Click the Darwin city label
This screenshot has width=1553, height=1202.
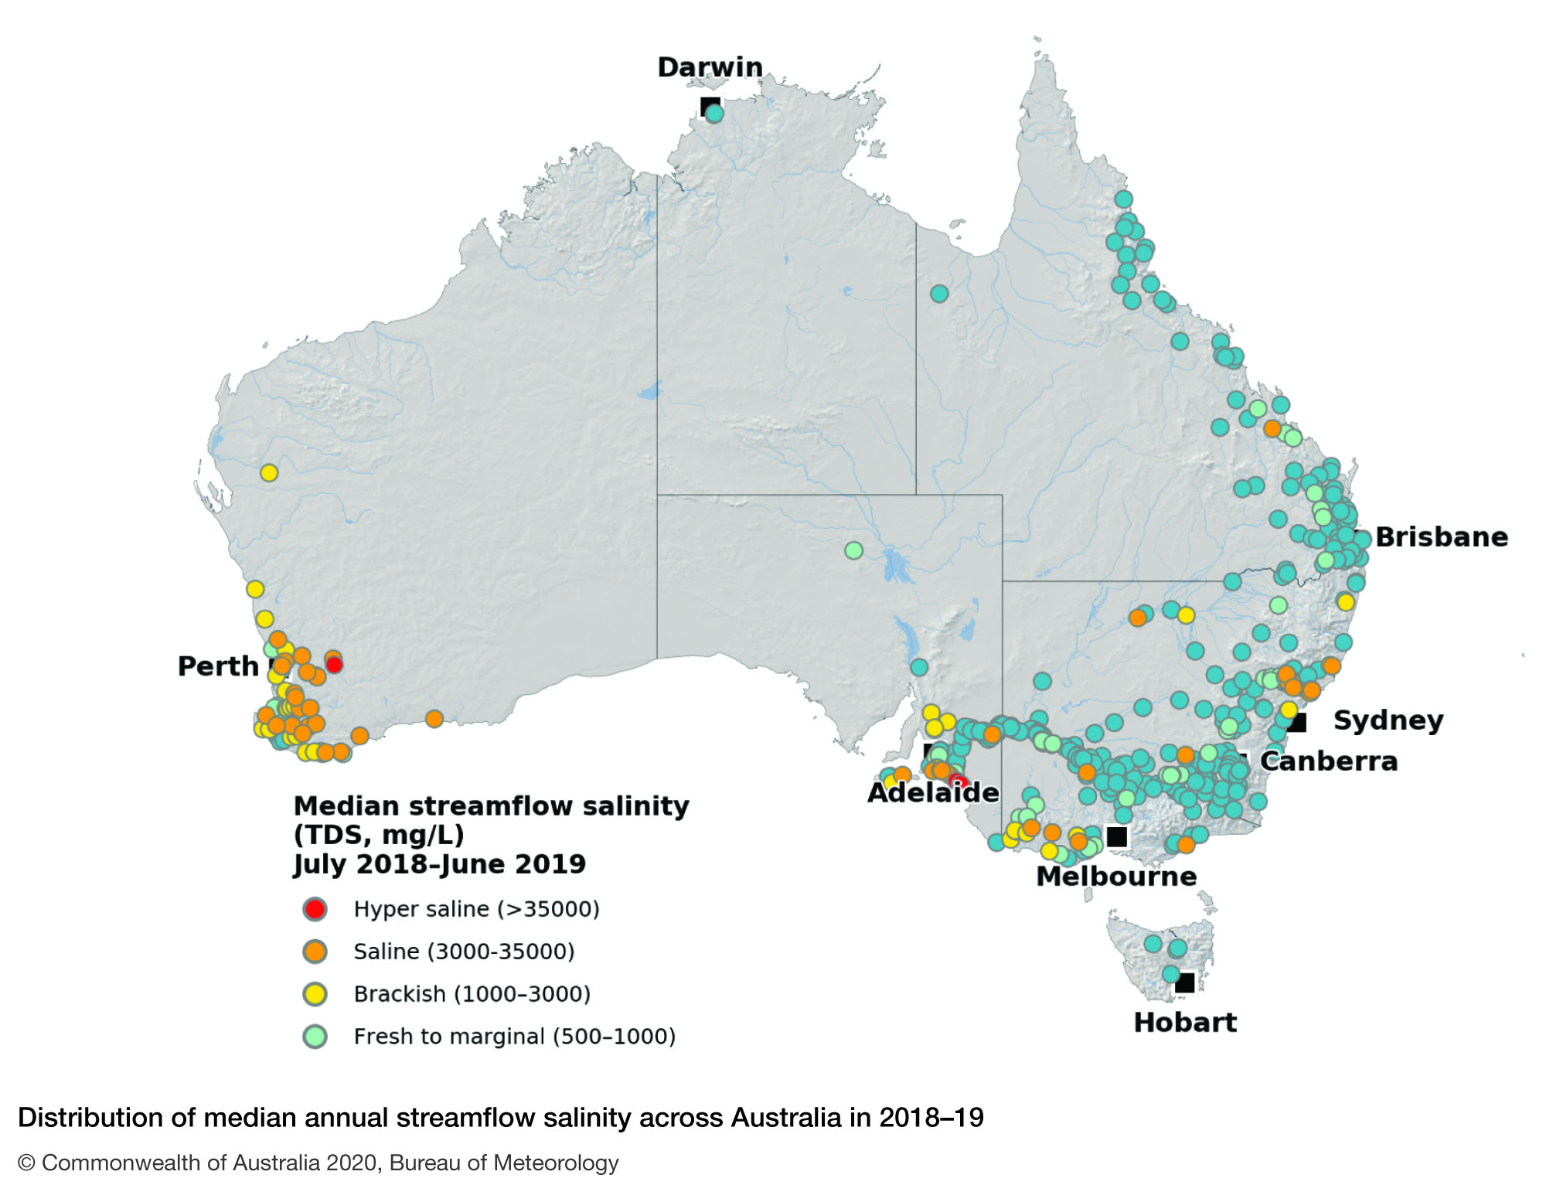pyautogui.click(x=710, y=67)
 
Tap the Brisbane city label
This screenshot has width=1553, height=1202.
pyautogui.click(x=1441, y=536)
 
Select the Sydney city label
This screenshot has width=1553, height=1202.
pyautogui.click(x=1388, y=720)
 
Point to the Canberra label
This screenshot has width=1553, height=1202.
pyautogui.click(x=1328, y=761)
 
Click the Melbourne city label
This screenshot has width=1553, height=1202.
pyautogui.click(x=1115, y=876)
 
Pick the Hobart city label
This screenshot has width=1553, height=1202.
pyautogui.click(x=1184, y=1022)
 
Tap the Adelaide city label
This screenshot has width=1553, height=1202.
pyautogui.click(x=932, y=792)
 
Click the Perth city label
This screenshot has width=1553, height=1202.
pyautogui.click(x=218, y=666)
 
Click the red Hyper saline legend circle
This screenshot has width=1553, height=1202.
pyautogui.click(x=315, y=908)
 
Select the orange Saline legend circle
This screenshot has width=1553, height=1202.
pyautogui.click(x=315, y=951)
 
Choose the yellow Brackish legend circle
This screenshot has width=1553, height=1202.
pyautogui.click(x=315, y=993)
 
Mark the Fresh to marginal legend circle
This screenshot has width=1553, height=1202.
pyautogui.click(x=315, y=1036)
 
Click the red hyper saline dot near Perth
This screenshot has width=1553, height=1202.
pyautogui.click(x=334, y=665)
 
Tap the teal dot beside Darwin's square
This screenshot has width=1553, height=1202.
pyautogui.click(x=715, y=114)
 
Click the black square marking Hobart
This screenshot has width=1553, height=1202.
pyautogui.click(x=1184, y=982)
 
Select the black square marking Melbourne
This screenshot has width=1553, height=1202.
pyautogui.click(x=1116, y=836)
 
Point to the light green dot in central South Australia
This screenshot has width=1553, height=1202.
pyautogui.click(x=853, y=550)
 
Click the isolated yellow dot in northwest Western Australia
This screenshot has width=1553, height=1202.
pyautogui.click(x=268, y=472)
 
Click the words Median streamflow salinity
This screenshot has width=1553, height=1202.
pyautogui.click(x=491, y=806)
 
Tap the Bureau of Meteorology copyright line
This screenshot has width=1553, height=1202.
pyautogui.click(x=318, y=1163)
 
